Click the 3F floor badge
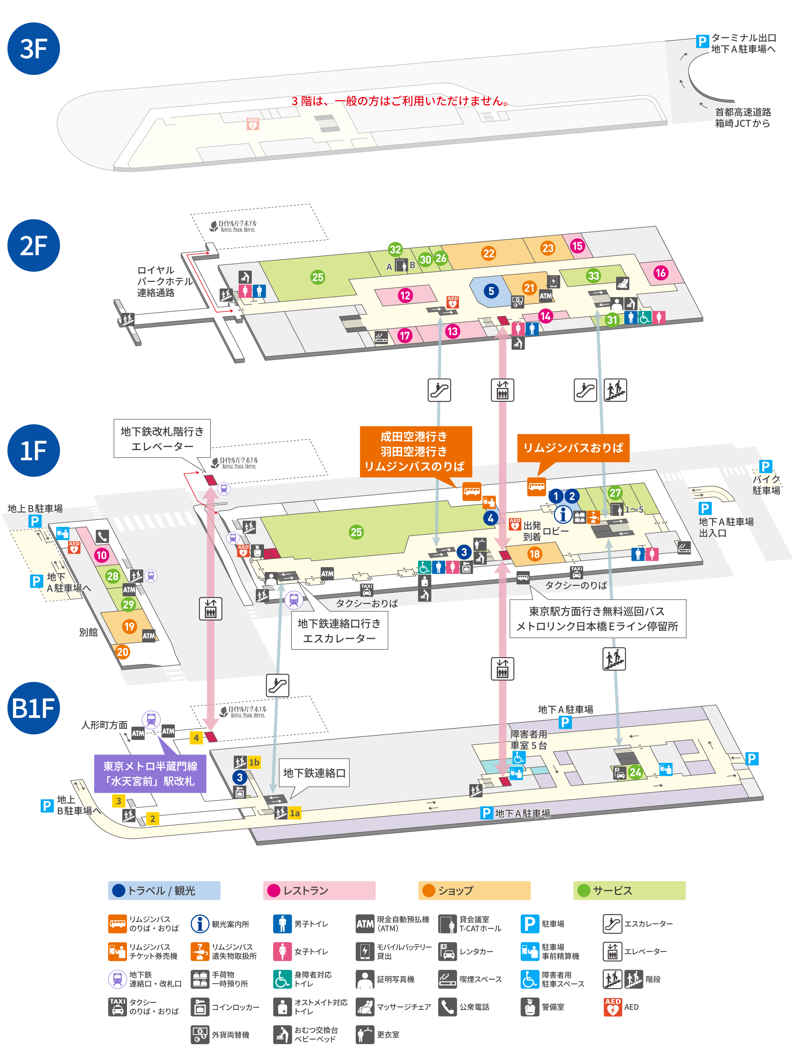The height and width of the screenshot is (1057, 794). (33, 49)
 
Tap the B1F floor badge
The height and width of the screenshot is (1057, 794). (33, 708)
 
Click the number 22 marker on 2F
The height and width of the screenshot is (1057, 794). (488, 253)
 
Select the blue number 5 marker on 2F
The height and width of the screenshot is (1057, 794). (491, 290)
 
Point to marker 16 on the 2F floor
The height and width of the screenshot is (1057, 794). (660, 273)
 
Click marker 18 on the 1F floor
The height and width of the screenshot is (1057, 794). (534, 554)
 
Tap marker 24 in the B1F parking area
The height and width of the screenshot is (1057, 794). (635, 772)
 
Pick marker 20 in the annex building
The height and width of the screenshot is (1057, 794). (123, 652)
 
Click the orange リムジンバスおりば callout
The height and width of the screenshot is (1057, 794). (573, 448)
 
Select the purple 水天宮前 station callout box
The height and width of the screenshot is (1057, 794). (150, 773)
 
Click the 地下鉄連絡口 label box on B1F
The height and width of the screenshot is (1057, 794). (314, 773)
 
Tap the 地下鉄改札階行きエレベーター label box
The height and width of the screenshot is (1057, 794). (162, 438)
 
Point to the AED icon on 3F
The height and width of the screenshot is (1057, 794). (252, 124)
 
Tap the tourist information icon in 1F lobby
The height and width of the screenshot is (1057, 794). (563, 514)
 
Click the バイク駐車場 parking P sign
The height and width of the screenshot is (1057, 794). (765, 466)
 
